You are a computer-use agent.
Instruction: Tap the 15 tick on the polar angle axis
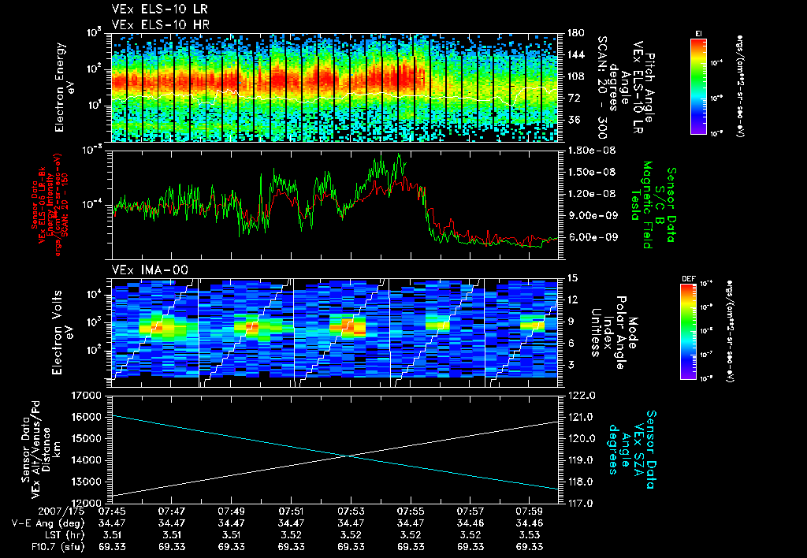573,278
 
